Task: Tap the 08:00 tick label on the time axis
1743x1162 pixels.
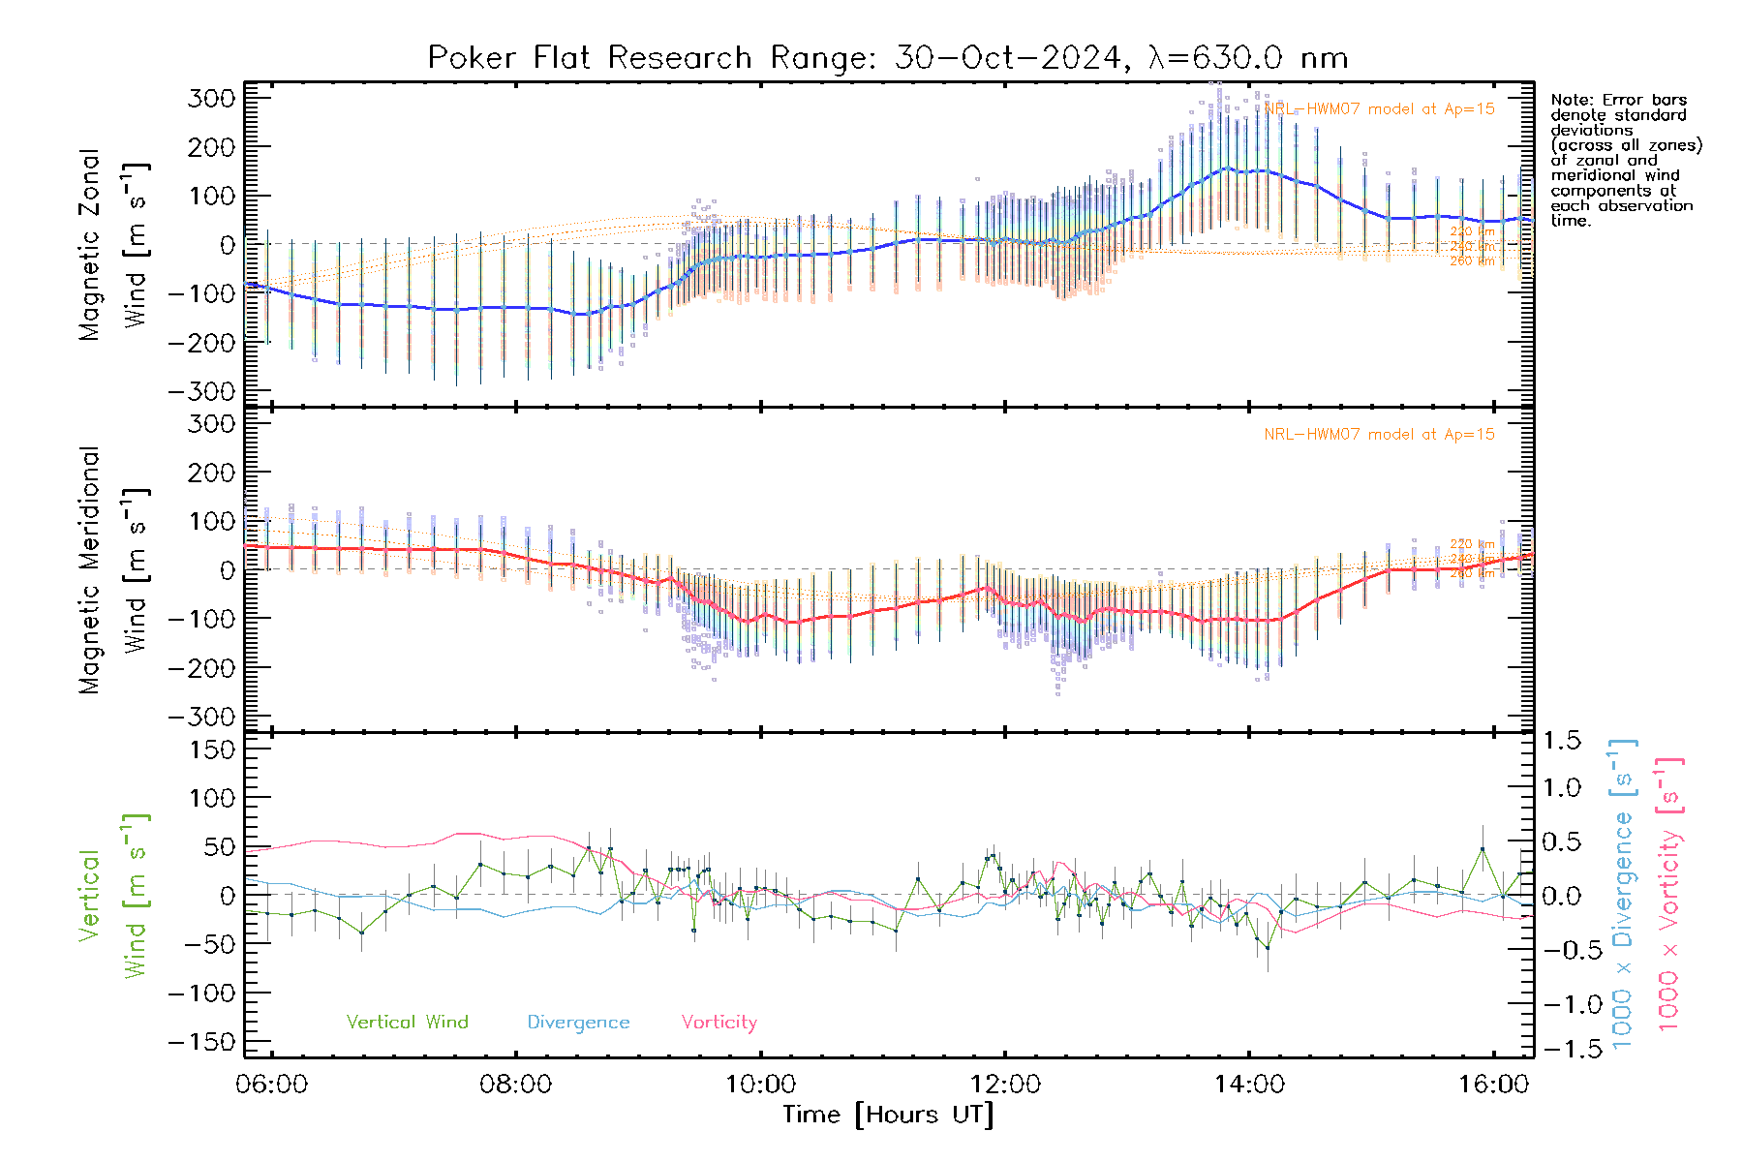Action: pyautogui.click(x=516, y=1085)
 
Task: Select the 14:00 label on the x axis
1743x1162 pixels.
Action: pyautogui.click(x=1249, y=1085)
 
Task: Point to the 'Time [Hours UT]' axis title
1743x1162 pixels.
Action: pyautogui.click(x=888, y=1115)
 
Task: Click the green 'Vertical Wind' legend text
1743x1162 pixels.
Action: pyautogui.click(x=407, y=1023)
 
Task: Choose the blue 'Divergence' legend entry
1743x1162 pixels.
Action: pyautogui.click(x=578, y=1023)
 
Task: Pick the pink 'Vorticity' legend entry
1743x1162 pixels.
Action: pyautogui.click(x=719, y=1023)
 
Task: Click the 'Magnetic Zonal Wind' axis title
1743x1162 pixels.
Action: pyautogui.click(x=114, y=244)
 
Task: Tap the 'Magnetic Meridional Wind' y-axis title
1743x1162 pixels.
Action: pyautogui.click(x=114, y=570)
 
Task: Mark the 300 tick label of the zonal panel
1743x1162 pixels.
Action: pyautogui.click(x=211, y=99)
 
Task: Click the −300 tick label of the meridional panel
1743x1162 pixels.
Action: pyautogui.click(x=201, y=718)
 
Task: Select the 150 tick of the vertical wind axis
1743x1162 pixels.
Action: pyautogui.click(x=211, y=750)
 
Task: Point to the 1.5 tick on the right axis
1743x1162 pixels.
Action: pyautogui.click(x=1561, y=741)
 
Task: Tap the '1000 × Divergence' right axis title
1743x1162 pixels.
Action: pyautogui.click(x=1623, y=893)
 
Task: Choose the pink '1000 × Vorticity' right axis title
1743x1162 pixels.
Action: pyautogui.click(x=1668, y=893)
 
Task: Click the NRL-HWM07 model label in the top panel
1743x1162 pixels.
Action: pyautogui.click(x=1379, y=109)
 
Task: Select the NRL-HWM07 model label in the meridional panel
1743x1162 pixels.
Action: pyautogui.click(x=1379, y=435)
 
